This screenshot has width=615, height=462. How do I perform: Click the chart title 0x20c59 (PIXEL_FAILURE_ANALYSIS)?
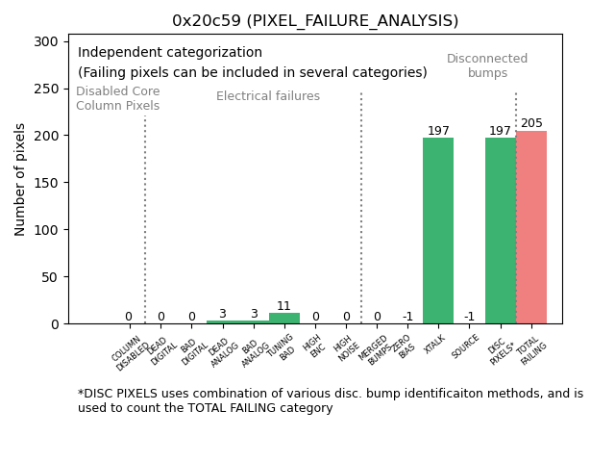[315, 20]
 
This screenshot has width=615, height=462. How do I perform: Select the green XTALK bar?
[438, 231]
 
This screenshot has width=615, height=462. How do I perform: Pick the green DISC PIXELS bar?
[500, 231]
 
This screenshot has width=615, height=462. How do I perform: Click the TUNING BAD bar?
[283, 319]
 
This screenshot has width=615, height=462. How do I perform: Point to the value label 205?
[531, 123]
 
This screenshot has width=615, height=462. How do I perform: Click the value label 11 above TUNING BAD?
[283, 306]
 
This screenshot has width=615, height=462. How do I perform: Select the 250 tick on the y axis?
[47, 89]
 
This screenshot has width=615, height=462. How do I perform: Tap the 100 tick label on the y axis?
[47, 230]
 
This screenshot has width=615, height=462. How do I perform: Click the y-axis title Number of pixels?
[20, 179]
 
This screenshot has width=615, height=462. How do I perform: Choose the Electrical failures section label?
[268, 96]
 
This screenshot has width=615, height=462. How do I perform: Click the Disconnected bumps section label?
[487, 65]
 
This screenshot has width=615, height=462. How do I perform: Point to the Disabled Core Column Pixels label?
[117, 98]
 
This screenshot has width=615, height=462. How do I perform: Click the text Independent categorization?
[170, 53]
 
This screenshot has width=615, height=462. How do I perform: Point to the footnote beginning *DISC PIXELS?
[330, 400]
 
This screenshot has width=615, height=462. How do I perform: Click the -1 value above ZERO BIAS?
[407, 317]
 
